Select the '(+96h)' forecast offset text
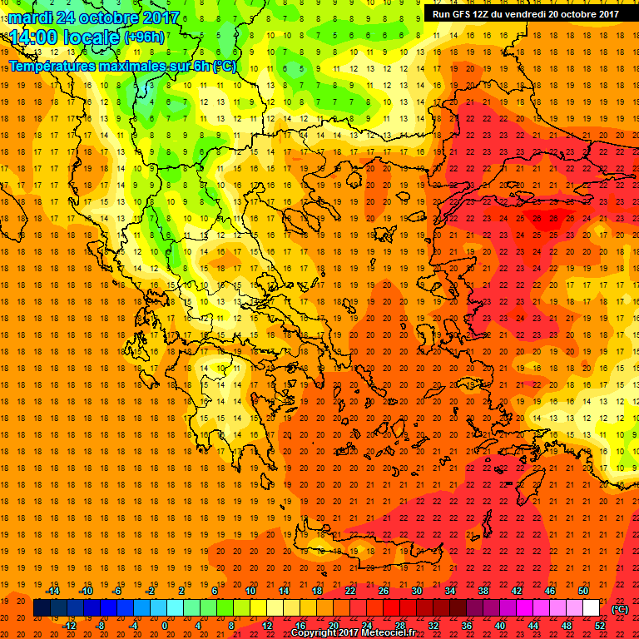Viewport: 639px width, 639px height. coord(144,37)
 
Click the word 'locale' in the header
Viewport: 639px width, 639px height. coord(92,37)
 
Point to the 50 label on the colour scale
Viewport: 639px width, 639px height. coord(583,591)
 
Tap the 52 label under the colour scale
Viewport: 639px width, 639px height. coord(600,626)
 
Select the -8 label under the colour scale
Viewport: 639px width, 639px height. coord(101,626)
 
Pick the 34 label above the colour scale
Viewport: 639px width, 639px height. coord(450,591)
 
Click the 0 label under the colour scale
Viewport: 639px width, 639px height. coord(165,626)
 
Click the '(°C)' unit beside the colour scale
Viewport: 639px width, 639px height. coord(619,608)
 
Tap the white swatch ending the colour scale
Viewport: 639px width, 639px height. coord(592,608)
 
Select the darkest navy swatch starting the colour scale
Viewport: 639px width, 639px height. coord(42,608)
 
